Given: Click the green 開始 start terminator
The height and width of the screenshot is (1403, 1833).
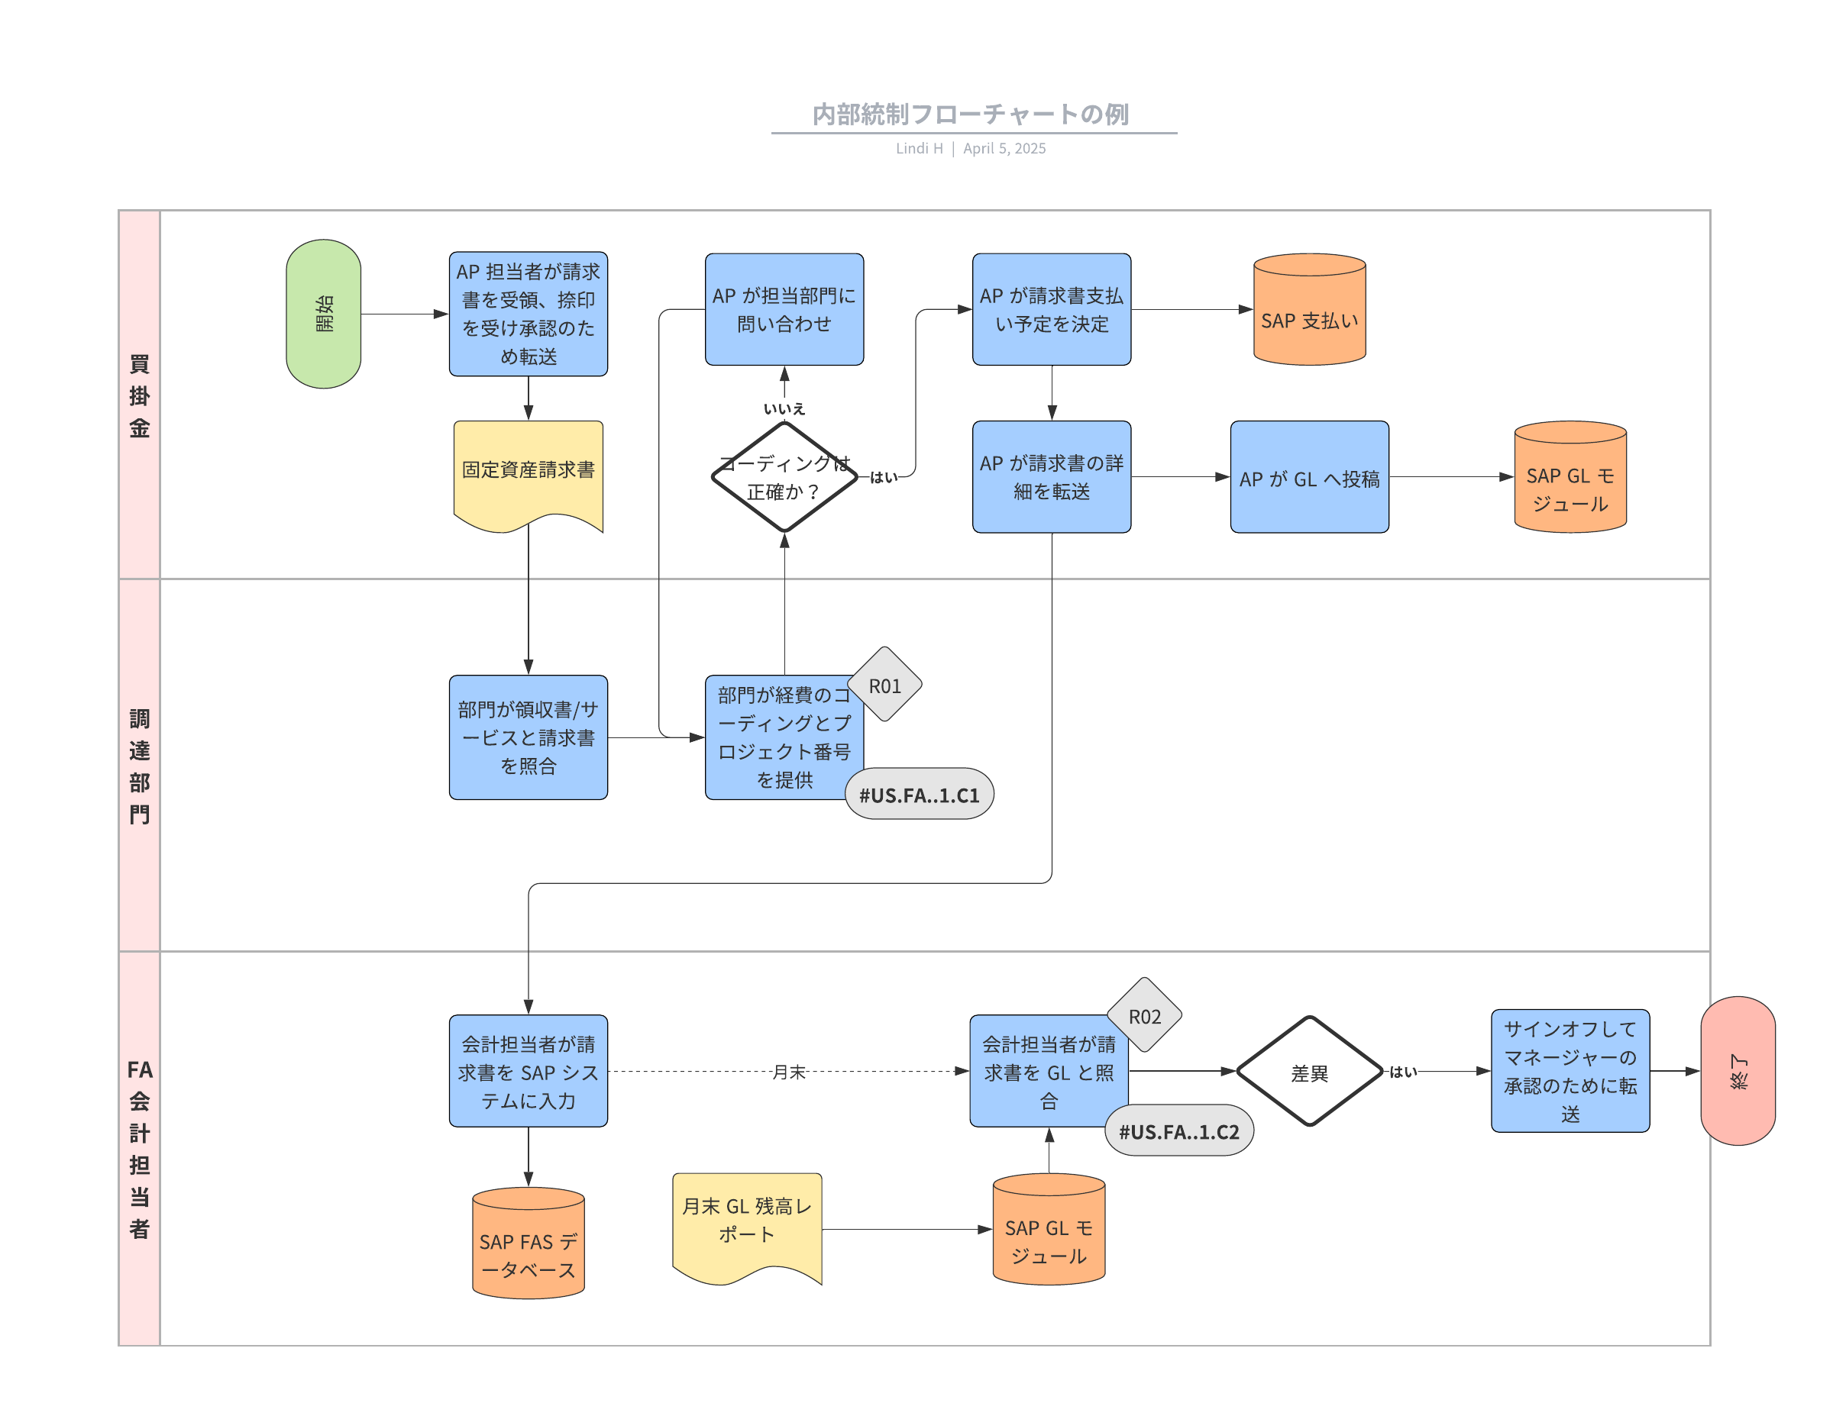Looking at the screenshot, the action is click(x=323, y=314).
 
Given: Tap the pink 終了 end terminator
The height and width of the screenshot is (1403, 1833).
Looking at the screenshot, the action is click(x=1738, y=1071).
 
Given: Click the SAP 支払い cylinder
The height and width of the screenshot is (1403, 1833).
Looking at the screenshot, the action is click(x=1309, y=309).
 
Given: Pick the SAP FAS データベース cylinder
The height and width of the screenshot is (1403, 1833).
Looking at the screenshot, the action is click(x=528, y=1243).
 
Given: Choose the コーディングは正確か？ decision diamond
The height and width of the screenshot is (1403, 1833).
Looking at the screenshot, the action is click(x=784, y=477).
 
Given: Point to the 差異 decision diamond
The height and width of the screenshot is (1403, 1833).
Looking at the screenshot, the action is click(x=1309, y=1072).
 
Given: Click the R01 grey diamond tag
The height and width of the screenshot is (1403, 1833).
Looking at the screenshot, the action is click(x=884, y=684).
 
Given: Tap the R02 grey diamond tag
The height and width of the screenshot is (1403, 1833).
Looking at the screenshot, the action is click(x=1145, y=1014).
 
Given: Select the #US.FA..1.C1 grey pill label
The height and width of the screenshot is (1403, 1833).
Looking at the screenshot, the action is click(x=919, y=793).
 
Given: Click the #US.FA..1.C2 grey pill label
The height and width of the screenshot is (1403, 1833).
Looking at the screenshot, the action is click(x=1178, y=1130).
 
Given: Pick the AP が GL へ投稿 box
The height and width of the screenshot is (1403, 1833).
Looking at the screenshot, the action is click(x=1309, y=477).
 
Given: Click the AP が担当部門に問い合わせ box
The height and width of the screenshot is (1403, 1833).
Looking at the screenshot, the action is click(x=784, y=309).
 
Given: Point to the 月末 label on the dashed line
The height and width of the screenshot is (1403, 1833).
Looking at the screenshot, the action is click(x=789, y=1072).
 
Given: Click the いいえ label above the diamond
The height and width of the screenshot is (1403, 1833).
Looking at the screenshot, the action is click(x=784, y=408).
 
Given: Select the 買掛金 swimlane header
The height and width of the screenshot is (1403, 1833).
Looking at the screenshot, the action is click(x=140, y=395).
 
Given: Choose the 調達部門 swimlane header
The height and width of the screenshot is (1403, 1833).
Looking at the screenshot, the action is click(x=140, y=766).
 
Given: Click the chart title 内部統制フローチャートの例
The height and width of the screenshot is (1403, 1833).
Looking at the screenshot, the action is click(x=971, y=114).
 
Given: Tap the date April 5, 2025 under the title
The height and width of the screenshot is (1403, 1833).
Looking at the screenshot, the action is click(x=1004, y=149).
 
